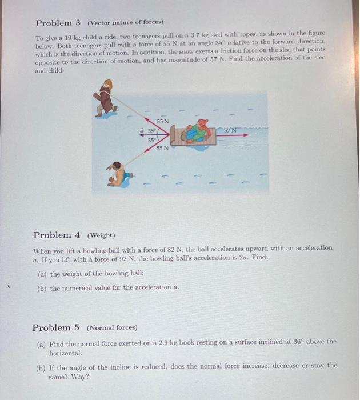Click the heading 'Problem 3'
(58, 23)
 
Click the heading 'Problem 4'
(56, 235)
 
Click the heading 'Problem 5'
(55, 327)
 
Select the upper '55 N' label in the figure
(163, 121)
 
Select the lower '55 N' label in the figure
(163, 149)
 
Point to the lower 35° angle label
(151, 139)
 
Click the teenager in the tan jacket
(118, 173)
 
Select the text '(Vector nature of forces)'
(125, 23)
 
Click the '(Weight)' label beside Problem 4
(101, 235)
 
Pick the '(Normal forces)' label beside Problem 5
(111, 328)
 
